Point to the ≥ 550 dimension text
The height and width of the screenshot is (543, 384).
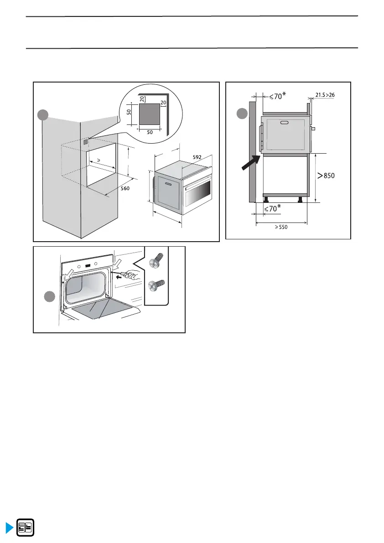281,227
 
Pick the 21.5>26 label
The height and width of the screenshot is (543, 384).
325,95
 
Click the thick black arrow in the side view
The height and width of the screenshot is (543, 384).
251,163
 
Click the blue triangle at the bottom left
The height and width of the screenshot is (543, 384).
9,528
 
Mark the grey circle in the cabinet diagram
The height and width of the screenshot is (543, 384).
43,116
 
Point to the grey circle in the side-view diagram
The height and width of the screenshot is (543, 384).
242,113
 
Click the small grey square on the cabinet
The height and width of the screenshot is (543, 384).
86,143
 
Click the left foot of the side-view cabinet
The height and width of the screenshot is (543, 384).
266,199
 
